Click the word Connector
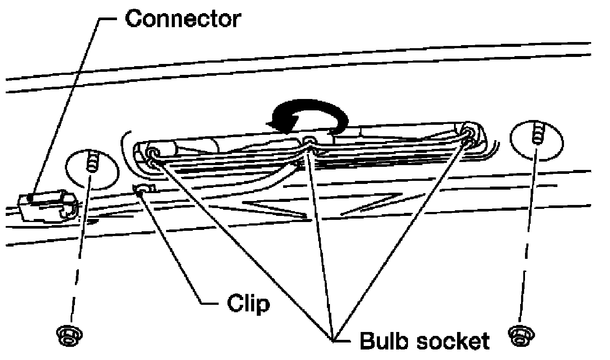coord(183,19)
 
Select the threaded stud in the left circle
coord(92,161)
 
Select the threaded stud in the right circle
coord(537,133)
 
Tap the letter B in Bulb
coord(367,340)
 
